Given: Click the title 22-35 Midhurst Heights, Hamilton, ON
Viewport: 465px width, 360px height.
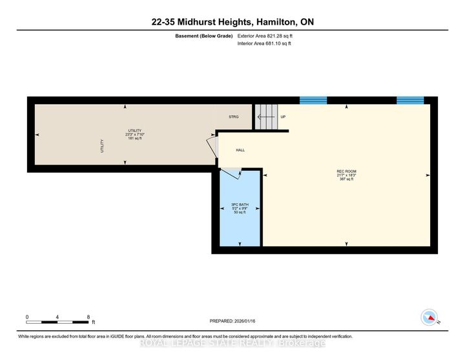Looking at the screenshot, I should tap(232, 23).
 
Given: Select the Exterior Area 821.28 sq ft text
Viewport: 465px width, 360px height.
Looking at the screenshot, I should tap(265, 36).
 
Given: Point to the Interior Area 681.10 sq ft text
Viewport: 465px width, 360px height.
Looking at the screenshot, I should tap(265, 44).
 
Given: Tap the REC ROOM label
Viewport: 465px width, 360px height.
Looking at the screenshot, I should tap(345, 171).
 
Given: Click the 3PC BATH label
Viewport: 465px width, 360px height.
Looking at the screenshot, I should tap(240, 205).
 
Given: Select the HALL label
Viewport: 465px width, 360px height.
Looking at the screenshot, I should tap(240, 150).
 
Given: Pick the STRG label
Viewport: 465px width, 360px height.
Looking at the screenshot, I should tap(234, 117).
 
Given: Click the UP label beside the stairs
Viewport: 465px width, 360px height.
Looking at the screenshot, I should tap(283, 117).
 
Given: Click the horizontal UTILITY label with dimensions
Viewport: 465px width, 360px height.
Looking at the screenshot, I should tap(135, 134).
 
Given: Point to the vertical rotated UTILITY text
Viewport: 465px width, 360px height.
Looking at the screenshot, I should tap(101, 146).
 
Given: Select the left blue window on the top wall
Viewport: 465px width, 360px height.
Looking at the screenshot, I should tap(313, 100).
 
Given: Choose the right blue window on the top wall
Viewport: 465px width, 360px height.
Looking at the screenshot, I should tap(409, 100).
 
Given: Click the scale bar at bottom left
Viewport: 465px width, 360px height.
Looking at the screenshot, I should tap(57, 321).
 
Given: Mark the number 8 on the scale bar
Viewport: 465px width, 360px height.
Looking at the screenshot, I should tap(88, 316).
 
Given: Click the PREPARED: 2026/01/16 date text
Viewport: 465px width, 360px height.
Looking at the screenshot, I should tap(232, 321).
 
